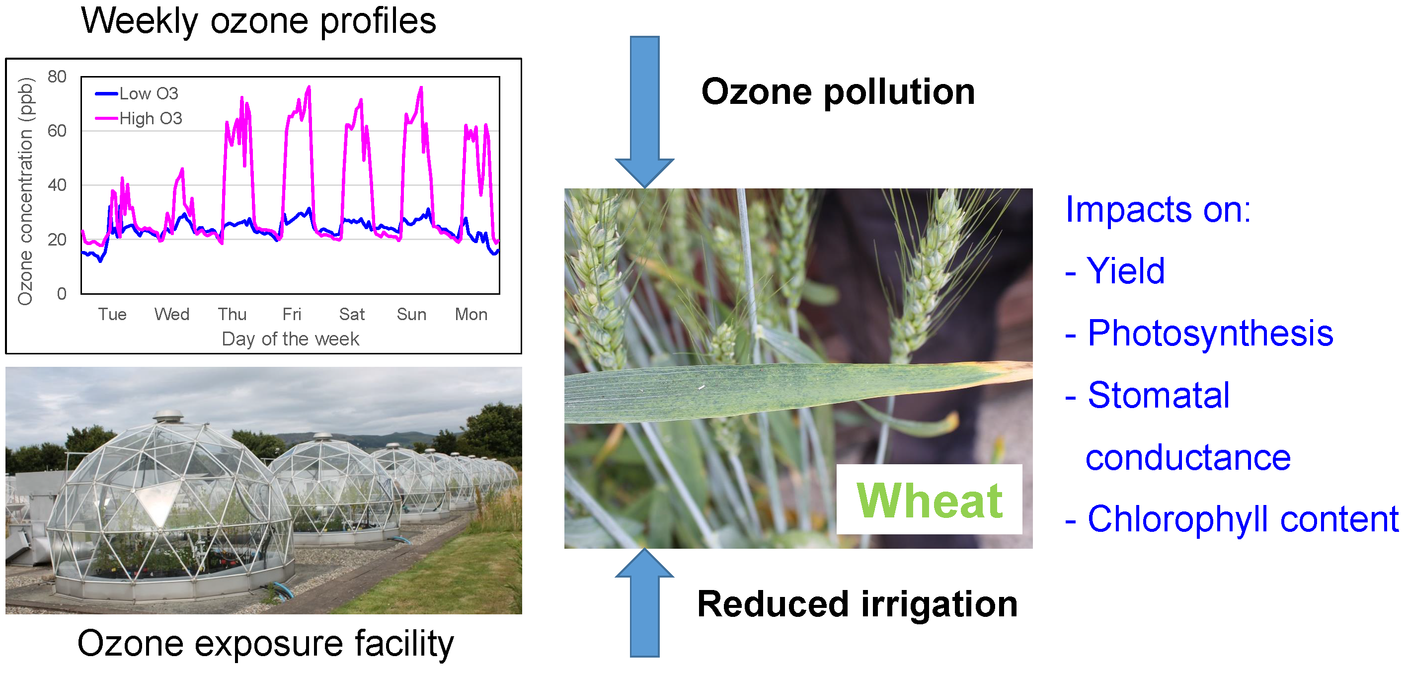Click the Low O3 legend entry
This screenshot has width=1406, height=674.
click(x=137, y=93)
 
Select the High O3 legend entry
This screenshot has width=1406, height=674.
click(x=139, y=118)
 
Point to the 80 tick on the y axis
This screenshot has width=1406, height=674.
click(x=57, y=77)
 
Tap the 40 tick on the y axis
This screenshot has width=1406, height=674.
click(x=57, y=185)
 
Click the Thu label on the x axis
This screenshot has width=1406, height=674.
click(x=233, y=314)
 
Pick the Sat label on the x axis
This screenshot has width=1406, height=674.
click(x=352, y=314)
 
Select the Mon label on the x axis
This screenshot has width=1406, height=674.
click(x=471, y=314)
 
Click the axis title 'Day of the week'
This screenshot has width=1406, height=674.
click(x=290, y=339)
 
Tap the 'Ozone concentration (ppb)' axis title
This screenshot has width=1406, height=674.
click(x=26, y=191)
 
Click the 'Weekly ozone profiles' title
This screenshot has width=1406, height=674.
click(x=259, y=21)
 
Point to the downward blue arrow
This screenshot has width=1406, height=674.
click(x=644, y=112)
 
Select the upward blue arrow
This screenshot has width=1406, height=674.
click(x=644, y=602)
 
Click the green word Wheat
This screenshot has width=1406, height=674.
click(x=930, y=501)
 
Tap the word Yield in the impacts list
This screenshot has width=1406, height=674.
click(x=1125, y=271)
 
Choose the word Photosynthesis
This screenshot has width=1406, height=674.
click(x=1210, y=333)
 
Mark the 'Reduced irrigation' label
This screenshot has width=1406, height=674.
click(x=858, y=604)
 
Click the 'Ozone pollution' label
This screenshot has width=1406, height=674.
click(x=838, y=91)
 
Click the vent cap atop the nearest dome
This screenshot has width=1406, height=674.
click(x=168, y=417)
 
